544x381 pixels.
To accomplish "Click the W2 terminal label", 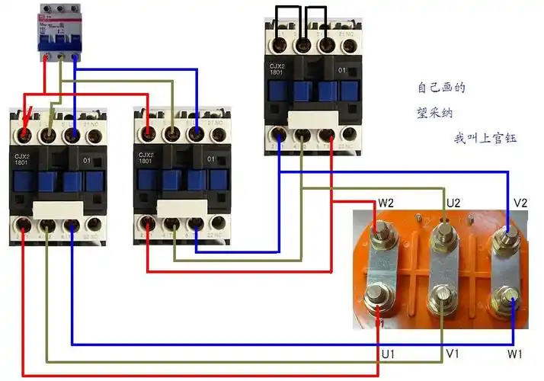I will point(386,203).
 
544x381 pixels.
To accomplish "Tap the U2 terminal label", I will point(453,203).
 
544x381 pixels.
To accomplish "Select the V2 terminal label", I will point(520,203).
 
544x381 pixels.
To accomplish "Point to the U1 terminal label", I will point(388,355).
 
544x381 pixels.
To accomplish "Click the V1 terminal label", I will point(453,355).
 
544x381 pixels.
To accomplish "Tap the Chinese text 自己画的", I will point(441,88).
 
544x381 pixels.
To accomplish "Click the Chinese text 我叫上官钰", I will point(485,139).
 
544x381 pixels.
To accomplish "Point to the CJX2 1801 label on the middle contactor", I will point(146,160).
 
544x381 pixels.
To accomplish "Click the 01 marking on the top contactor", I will point(342,71).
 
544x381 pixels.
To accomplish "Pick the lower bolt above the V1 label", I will point(440,297).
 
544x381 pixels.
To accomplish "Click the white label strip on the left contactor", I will point(58,210).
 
